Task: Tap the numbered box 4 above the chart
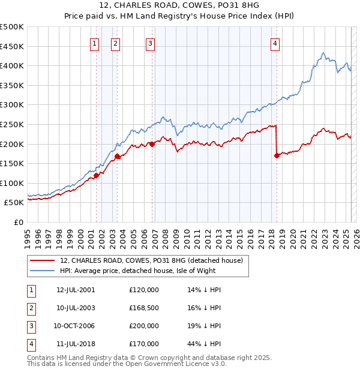(275, 43)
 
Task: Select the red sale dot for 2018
(277, 156)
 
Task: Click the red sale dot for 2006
(152, 144)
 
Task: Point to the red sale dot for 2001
(96, 175)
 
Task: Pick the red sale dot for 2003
(118, 157)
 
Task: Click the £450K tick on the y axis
(12, 46)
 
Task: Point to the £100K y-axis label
(12, 183)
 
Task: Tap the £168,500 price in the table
(144, 308)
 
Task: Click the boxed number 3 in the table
(30, 326)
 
